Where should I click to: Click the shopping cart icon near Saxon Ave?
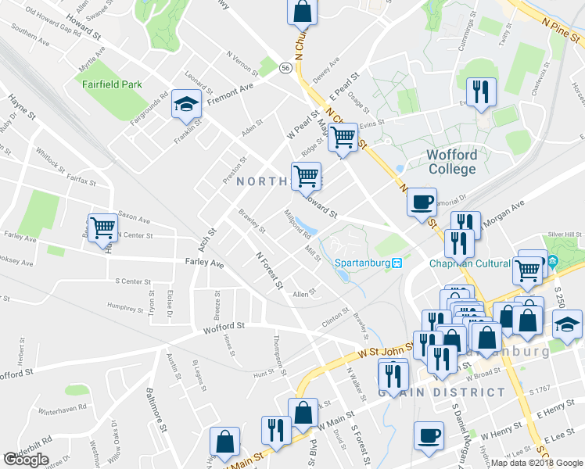coord(103,228)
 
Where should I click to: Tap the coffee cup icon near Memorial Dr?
coord(422,202)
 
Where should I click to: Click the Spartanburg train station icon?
coord(397,263)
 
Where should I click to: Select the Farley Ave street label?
coord(204,264)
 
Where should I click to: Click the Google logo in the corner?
coord(27,460)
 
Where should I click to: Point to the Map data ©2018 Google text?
coord(537,463)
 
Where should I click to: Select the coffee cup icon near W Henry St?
coord(429,435)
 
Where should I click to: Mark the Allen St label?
coord(303,293)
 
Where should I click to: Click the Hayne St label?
coord(22,109)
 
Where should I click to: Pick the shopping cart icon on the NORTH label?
coord(306,176)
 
